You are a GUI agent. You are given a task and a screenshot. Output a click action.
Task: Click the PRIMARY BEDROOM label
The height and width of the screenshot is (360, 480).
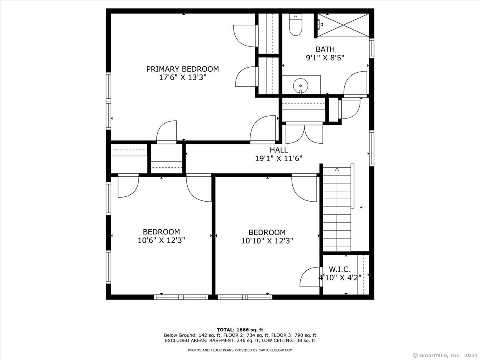(182, 69)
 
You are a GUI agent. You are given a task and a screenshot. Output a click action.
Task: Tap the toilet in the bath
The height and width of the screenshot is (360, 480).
(296, 24)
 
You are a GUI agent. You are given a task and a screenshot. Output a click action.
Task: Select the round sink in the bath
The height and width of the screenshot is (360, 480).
(301, 86)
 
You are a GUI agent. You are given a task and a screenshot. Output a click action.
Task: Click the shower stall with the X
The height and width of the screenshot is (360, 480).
(343, 25)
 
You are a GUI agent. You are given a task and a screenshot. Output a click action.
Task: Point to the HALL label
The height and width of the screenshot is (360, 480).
(279, 150)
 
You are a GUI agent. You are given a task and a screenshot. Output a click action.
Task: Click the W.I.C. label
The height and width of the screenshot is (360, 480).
(340, 269)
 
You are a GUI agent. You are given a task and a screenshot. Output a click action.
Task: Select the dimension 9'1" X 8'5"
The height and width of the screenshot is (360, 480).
(325, 58)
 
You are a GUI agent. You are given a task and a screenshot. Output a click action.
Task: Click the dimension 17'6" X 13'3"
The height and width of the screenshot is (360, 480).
(182, 77)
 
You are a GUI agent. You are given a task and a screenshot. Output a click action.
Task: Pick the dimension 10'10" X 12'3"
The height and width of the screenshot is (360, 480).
(267, 241)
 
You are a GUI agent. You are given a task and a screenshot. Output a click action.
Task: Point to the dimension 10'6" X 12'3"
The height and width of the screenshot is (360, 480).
(161, 240)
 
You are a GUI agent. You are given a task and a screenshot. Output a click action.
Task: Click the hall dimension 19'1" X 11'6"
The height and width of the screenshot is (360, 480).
(279, 158)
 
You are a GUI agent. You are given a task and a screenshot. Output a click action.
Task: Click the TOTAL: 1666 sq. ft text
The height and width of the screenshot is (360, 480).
(240, 330)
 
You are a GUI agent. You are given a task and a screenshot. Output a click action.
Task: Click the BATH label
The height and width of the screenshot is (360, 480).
(325, 49)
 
